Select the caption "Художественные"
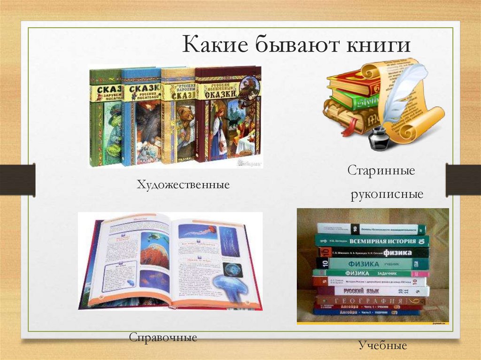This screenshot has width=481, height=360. coord(183,184)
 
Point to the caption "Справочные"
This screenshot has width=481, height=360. coord(163,337)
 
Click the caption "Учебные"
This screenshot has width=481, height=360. coord(382,346)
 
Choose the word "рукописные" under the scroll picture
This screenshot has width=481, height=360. coord(387,194)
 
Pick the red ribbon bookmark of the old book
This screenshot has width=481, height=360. coord(350,127)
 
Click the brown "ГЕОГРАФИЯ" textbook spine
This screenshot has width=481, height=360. coord(371,300)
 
